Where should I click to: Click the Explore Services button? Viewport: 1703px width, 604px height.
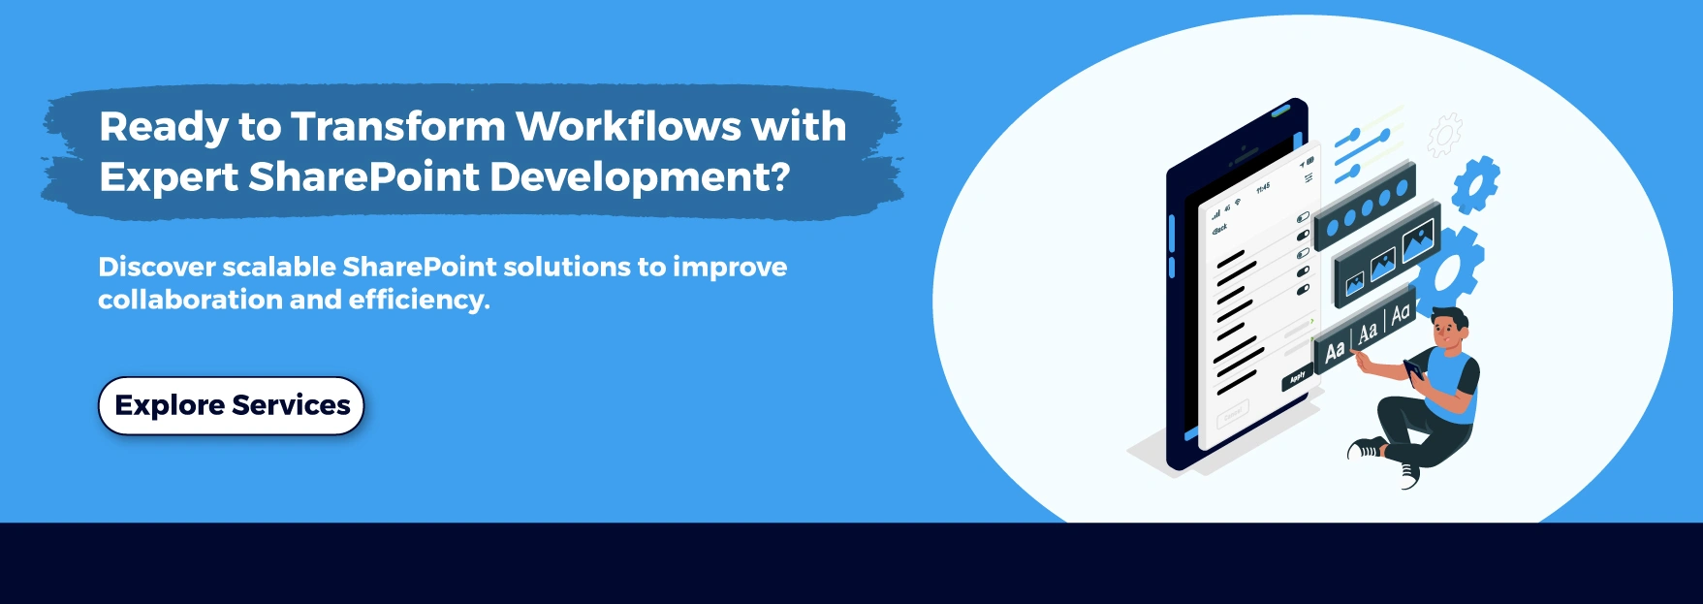click(231, 405)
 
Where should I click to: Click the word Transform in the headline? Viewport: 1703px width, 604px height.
click(397, 127)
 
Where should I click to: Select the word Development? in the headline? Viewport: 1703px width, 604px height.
click(640, 177)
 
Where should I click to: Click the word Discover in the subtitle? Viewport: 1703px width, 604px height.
click(156, 267)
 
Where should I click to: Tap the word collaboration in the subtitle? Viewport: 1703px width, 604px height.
click(190, 301)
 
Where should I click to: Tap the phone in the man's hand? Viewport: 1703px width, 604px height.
click(1414, 369)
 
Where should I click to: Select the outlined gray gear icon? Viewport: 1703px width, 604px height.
click(1444, 134)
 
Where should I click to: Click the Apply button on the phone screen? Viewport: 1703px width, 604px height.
click(1298, 377)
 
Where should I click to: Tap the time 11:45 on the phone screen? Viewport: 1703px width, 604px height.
click(1263, 187)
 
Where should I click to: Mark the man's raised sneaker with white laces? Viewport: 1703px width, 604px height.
click(1408, 474)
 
